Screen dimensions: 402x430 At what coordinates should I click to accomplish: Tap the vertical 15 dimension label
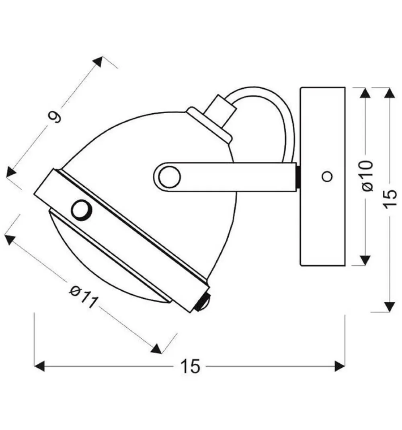tap(390, 199)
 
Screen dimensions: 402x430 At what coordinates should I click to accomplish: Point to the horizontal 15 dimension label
tap(190, 367)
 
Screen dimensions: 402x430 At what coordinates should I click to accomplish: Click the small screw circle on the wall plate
tap(327, 176)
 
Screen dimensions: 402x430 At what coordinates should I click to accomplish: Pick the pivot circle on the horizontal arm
tap(169, 177)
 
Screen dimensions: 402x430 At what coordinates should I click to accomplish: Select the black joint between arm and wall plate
tap(298, 177)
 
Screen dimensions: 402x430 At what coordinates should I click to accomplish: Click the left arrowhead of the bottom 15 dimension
tap(39, 367)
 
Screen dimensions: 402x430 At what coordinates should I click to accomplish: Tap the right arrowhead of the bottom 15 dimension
tap(340, 367)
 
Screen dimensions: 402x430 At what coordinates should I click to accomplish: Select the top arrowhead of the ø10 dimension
tap(365, 93)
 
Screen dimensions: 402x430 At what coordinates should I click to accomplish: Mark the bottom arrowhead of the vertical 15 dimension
tap(390, 307)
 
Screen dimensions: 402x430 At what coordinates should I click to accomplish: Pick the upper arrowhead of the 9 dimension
tap(98, 62)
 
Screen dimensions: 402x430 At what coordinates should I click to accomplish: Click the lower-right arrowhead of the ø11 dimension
tap(156, 348)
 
